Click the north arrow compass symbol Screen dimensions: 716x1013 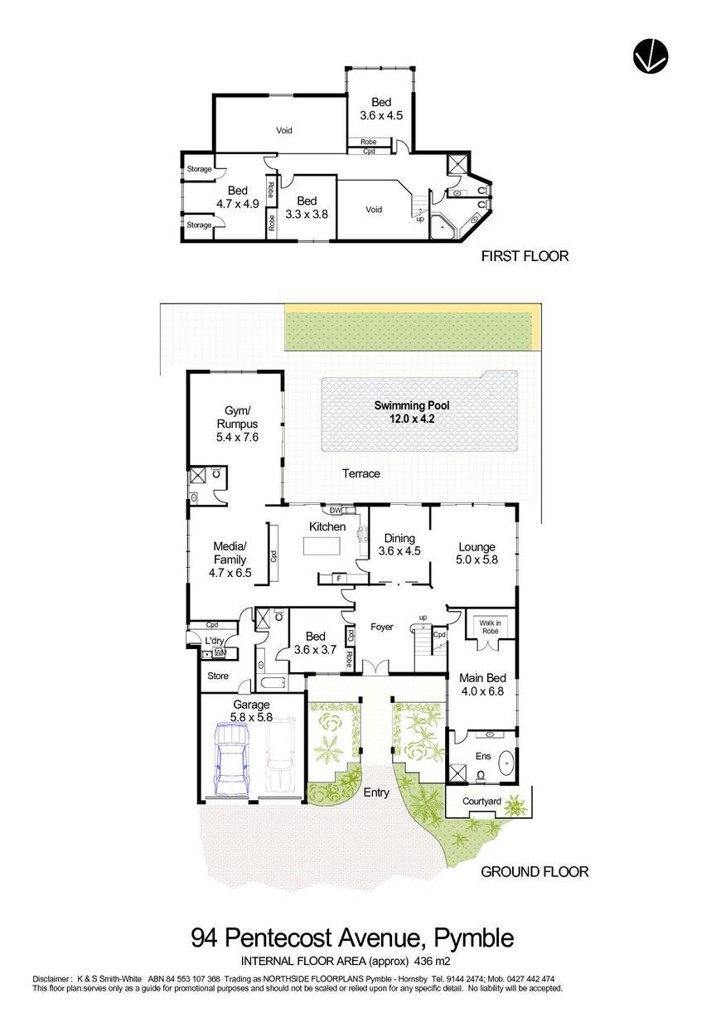[x=651, y=56]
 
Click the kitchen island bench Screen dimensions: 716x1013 [x=322, y=545]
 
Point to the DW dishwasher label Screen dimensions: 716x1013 [x=336, y=511]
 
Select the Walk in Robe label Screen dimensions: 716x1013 [x=490, y=627]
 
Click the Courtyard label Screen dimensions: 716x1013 [x=481, y=802]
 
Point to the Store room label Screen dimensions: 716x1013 [x=218, y=676]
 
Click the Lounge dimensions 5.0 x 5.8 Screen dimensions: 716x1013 [x=477, y=560]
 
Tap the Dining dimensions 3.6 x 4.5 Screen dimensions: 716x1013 [x=399, y=550]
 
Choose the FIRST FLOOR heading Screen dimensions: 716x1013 [x=525, y=256]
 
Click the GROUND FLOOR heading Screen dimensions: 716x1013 [x=535, y=871]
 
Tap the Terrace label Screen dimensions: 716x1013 [x=361, y=473]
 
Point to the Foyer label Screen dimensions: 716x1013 [x=381, y=627]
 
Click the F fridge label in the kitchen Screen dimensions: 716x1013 [x=339, y=578]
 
